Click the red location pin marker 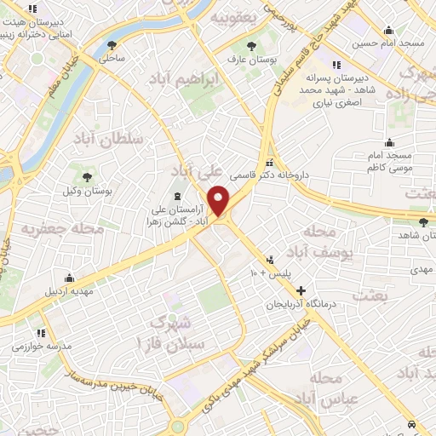219,201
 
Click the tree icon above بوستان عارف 250,47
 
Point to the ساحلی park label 112,59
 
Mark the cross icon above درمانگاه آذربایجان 300,291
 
